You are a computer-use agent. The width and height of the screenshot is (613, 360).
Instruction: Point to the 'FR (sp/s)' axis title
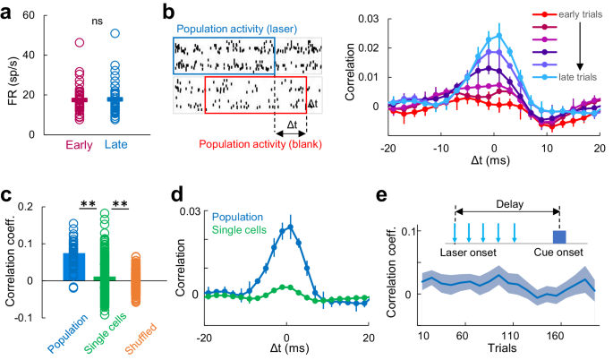pyautogui.click(x=10, y=75)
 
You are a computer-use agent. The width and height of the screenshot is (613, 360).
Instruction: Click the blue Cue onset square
pyautogui.click(x=559, y=236)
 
